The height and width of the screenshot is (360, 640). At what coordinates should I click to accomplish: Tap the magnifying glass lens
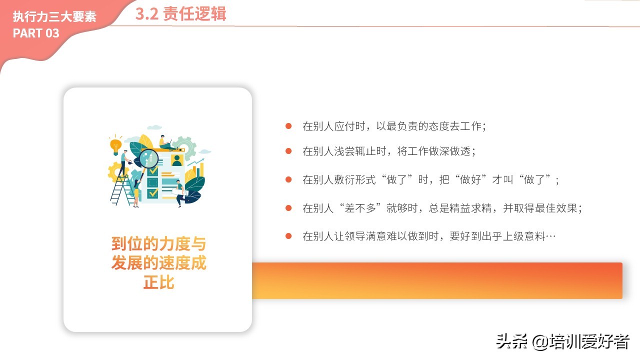click(x=149, y=157)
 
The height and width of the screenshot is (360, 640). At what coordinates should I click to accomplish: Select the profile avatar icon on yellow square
click(x=177, y=160)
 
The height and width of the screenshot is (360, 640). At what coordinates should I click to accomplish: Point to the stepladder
click(x=122, y=189)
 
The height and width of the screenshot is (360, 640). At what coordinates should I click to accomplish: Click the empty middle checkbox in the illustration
click(x=152, y=182)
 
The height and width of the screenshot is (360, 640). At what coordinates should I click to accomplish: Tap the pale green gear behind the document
click(x=185, y=147)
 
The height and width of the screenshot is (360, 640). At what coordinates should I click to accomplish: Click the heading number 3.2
click(x=146, y=13)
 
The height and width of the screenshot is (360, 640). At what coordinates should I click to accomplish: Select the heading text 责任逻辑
click(x=194, y=13)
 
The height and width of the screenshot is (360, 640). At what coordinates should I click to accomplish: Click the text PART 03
click(x=36, y=33)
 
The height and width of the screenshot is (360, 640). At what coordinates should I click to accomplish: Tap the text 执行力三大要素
click(x=54, y=16)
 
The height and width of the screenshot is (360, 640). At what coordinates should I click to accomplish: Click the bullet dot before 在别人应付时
click(x=288, y=126)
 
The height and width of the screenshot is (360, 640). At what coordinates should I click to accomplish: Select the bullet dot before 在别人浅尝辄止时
click(x=288, y=151)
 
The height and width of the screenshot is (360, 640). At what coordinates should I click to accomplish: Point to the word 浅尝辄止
click(x=355, y=151)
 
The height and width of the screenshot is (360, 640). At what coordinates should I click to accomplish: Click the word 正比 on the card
click(x=159, y=282)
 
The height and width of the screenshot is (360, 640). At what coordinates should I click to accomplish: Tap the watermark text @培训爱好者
click(x=580, y=341)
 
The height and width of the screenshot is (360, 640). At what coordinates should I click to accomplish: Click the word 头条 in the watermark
click(x=511, y=341)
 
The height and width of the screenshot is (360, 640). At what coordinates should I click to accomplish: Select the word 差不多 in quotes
click(x=360, y=208)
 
